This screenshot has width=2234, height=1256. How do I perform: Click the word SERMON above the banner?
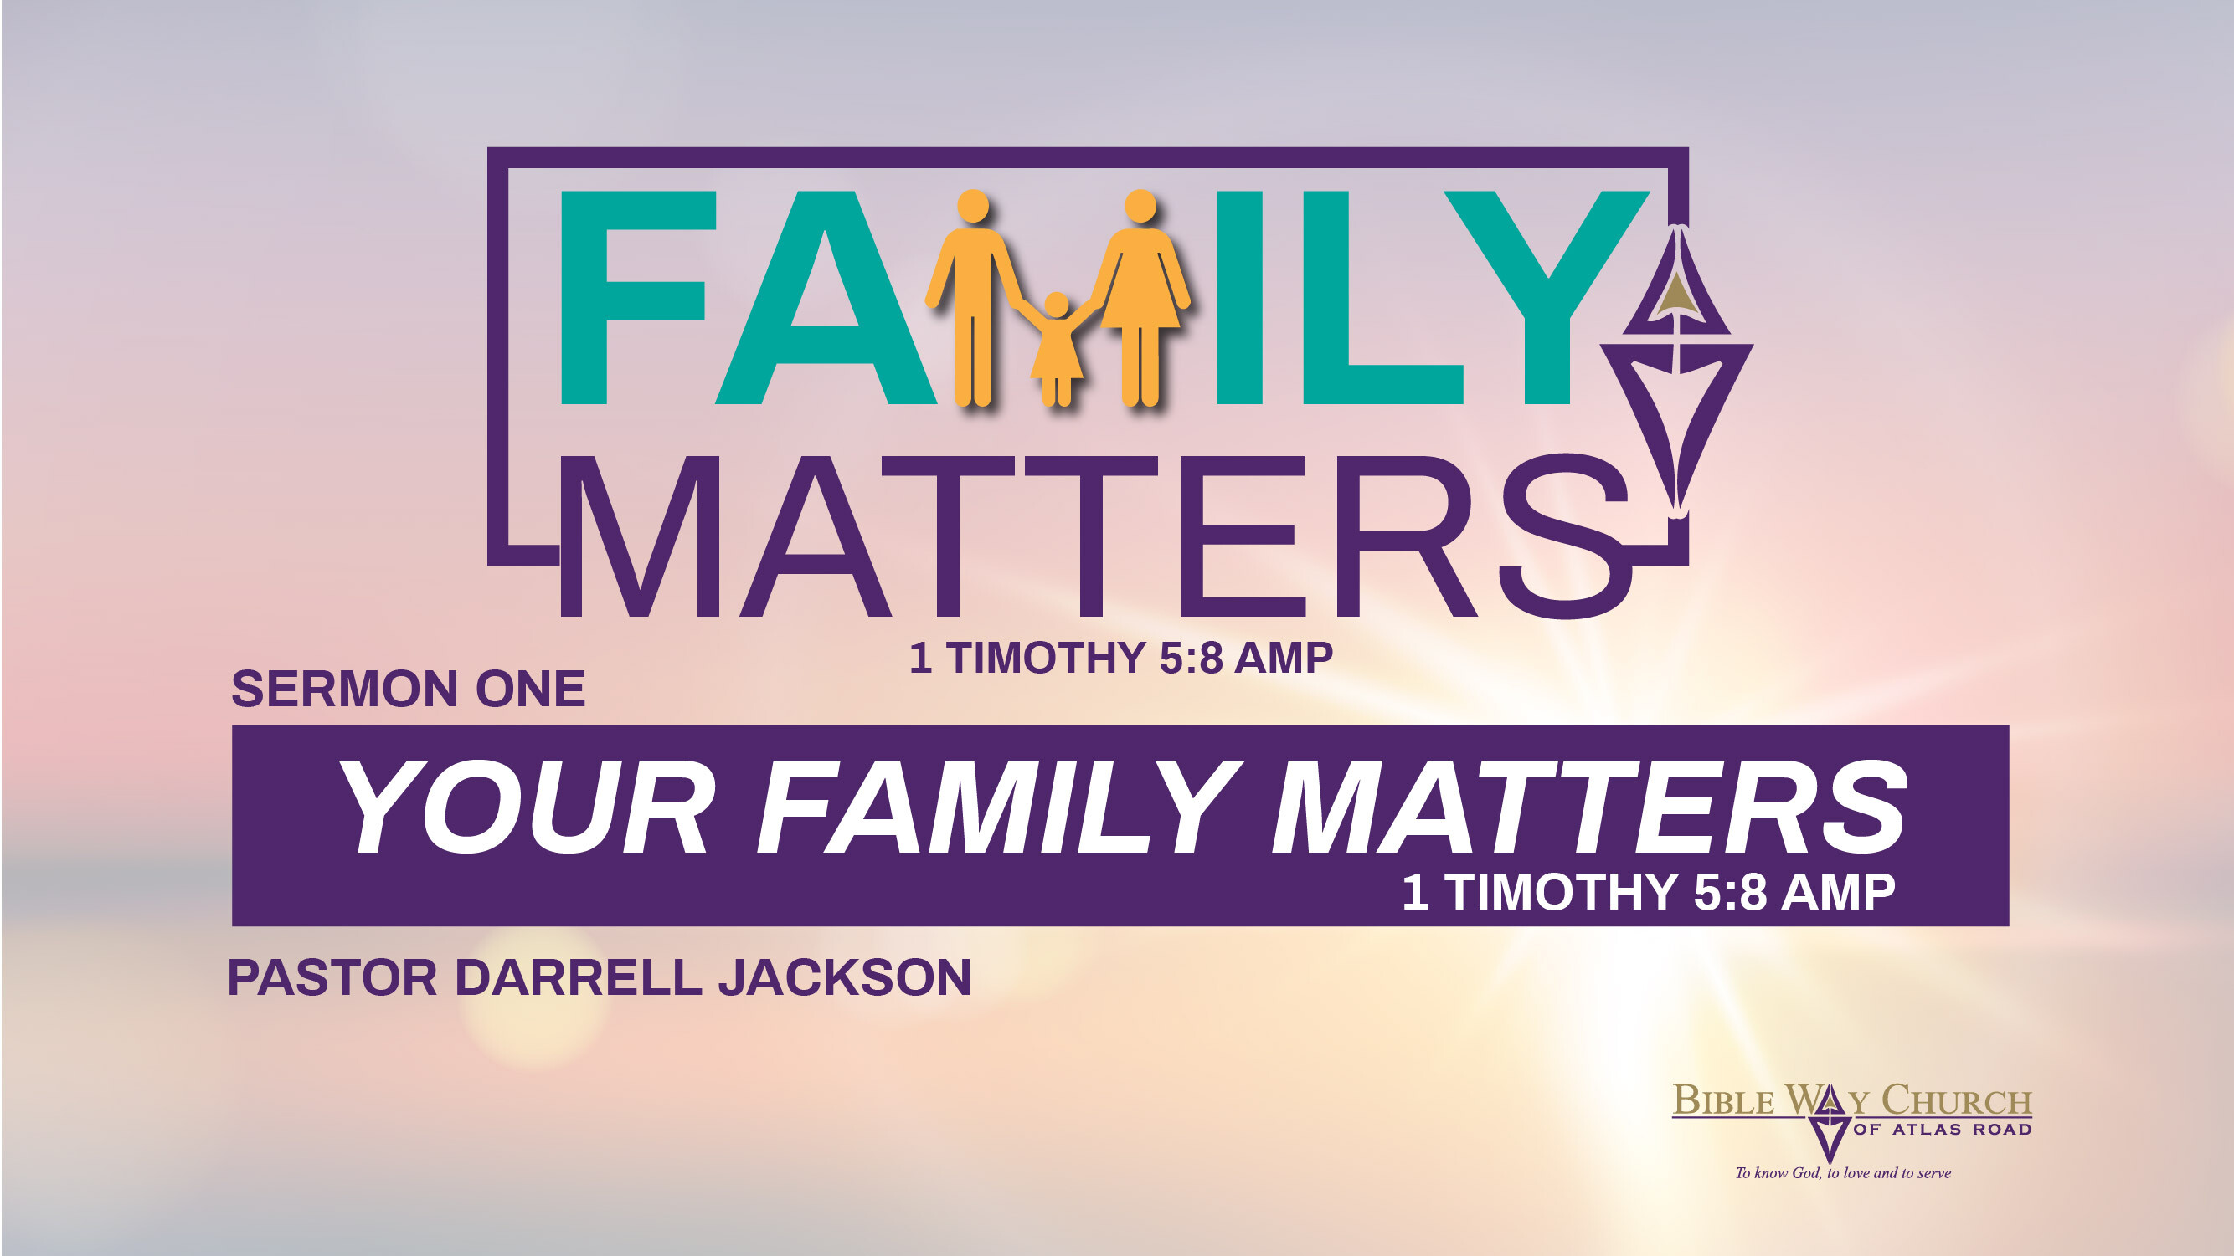pyautogui.click(x=344, y=690)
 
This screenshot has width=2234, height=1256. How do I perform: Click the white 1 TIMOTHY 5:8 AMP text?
pyautogui.click(x=1648, y=892)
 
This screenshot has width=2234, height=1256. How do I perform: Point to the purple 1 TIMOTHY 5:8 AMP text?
pyautogui.click(x=1120, y=658)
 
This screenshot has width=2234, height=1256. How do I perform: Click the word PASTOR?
pyautogui.click(x=332, y=977)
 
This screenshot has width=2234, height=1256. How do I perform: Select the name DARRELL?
pyautogui.click(x=579, y=977)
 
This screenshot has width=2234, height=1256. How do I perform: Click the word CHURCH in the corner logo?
pyautogui.click(x=1956, y=1101)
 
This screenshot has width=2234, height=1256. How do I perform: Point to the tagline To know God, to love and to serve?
pyautogui.click(x=1843, y=1173)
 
